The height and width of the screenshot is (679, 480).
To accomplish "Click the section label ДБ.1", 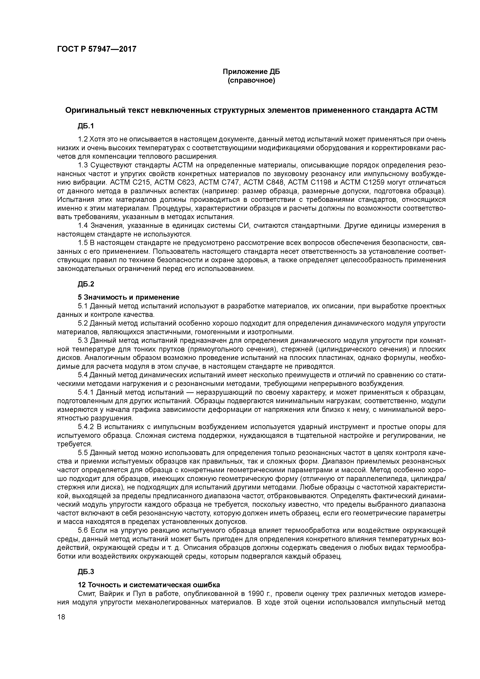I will coord(86,126).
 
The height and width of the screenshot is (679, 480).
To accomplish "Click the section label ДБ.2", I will coord(86,284).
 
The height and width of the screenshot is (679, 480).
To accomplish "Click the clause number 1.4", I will coord(83,226).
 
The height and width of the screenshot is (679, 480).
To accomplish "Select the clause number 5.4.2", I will coord(86,427).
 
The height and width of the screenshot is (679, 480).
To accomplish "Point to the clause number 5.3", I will coord(83,340).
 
